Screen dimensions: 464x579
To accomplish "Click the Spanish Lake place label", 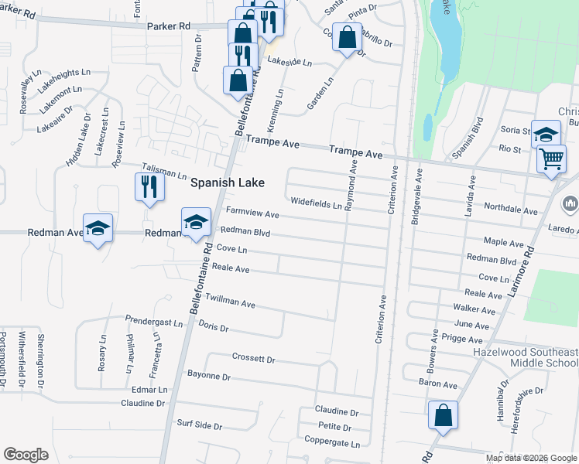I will (x=228, y=183).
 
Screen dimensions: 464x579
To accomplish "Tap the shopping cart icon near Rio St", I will (x=551, y=159).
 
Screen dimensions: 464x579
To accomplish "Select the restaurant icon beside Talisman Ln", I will (x=149, y=186).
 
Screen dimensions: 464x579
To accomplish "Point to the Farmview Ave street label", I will (x=252, y=213).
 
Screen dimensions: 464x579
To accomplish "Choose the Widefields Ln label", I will (x=316, y=203).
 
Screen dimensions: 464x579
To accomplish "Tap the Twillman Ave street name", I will (x=230, y=302).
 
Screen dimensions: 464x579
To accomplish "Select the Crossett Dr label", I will (x=253, y=358).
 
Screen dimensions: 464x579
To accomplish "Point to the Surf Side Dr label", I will (x=199, y=426).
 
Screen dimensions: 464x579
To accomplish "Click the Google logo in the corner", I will (x=26, y=455).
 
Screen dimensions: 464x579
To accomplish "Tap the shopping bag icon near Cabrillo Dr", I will (x=348, y=36).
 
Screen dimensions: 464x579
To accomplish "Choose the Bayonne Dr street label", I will (x=209, y=376).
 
